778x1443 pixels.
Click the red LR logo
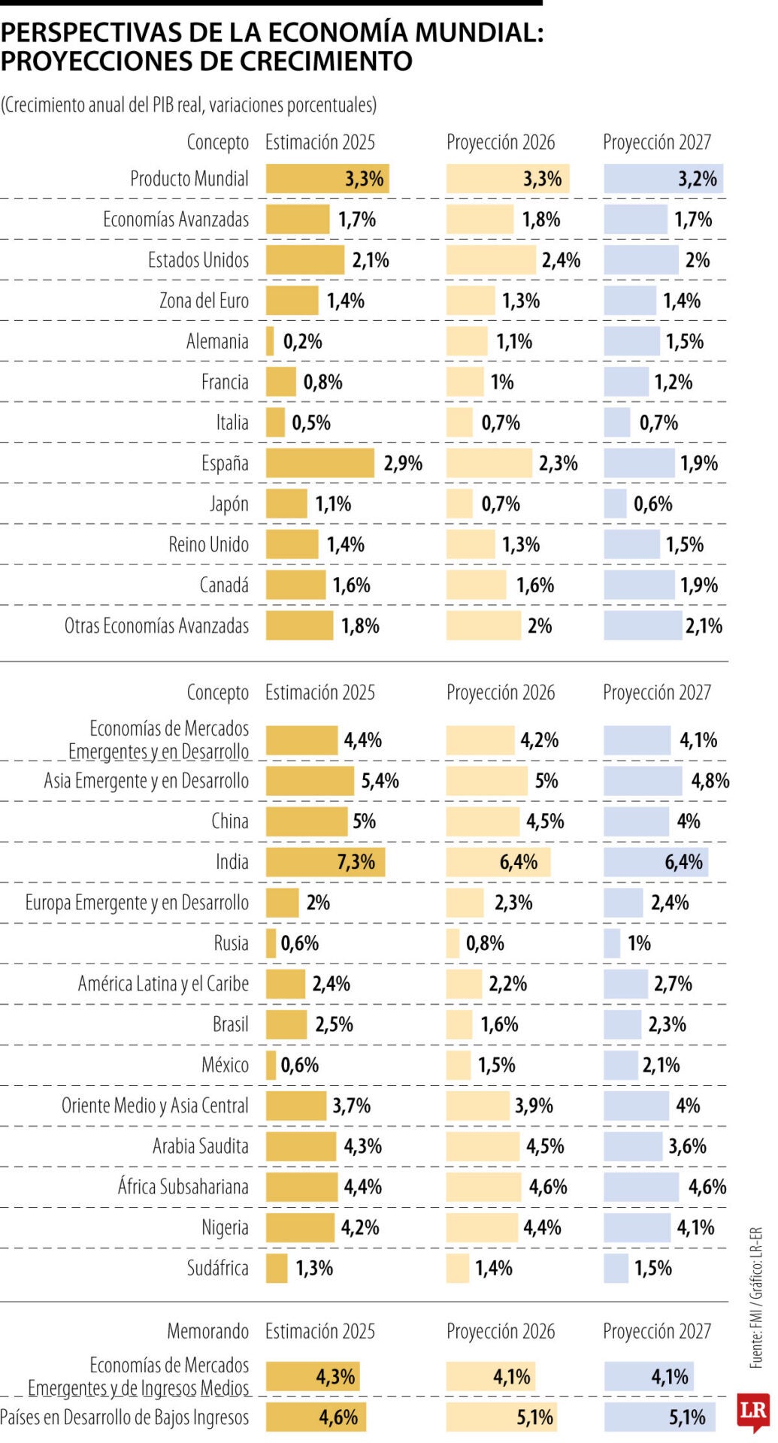pyautogui.click(x=753, y=1409)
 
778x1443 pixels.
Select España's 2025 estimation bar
pyautogui.click(x=319, y=463)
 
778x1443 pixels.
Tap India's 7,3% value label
pyautogui.click(x=356, y=861)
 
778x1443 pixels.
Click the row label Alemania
pyautogui.click(x=217, y=341)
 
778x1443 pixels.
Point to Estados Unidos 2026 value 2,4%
pyautogui.click(x=561, y=260)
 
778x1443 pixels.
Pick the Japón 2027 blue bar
pyautogui.click(x=615, y=504)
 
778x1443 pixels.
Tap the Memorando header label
pyautogui.click(x=207, y=1331)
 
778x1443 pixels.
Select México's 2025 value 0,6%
pyautogui.click(x=299, y=1064)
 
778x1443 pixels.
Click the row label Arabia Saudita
pyautogui.click(x=200, y=1145)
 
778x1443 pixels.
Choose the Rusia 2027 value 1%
pyautogui.click(x=639, y=942)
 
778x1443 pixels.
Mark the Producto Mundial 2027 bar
pyautogui.click(x=663, y=179)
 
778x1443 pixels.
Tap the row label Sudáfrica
pyautogui.click(x=217, y=1267)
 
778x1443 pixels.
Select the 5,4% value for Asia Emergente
pyautogui.click(x=380, y=780)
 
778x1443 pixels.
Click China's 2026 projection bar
pyautogui.click(x=483, y=821)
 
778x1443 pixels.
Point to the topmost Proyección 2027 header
pyautogui.click(x=656, y=142)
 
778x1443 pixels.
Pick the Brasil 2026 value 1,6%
pyautogui.click(x=499, y=1024)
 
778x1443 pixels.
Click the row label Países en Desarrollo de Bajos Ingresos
pyautogui.click(x=124, y=1417)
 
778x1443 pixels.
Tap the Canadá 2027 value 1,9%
pyautogui.click(x=698, y=585)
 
